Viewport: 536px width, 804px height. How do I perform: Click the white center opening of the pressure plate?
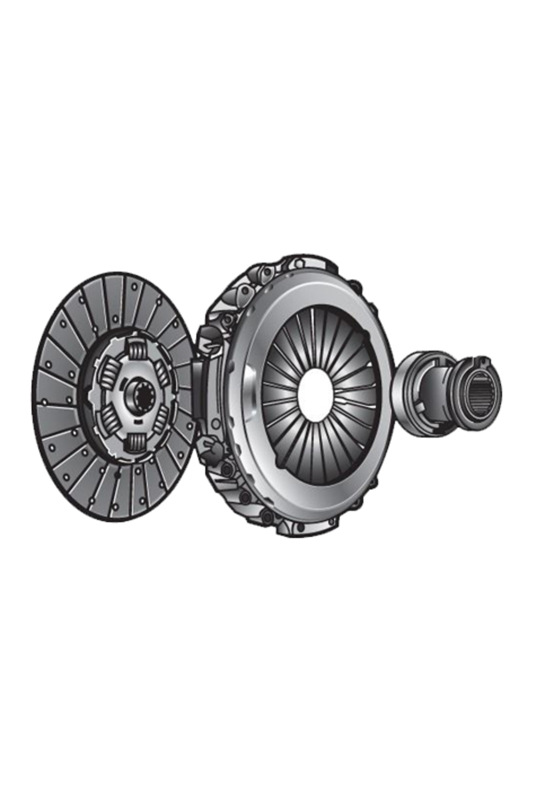[316, 395]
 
